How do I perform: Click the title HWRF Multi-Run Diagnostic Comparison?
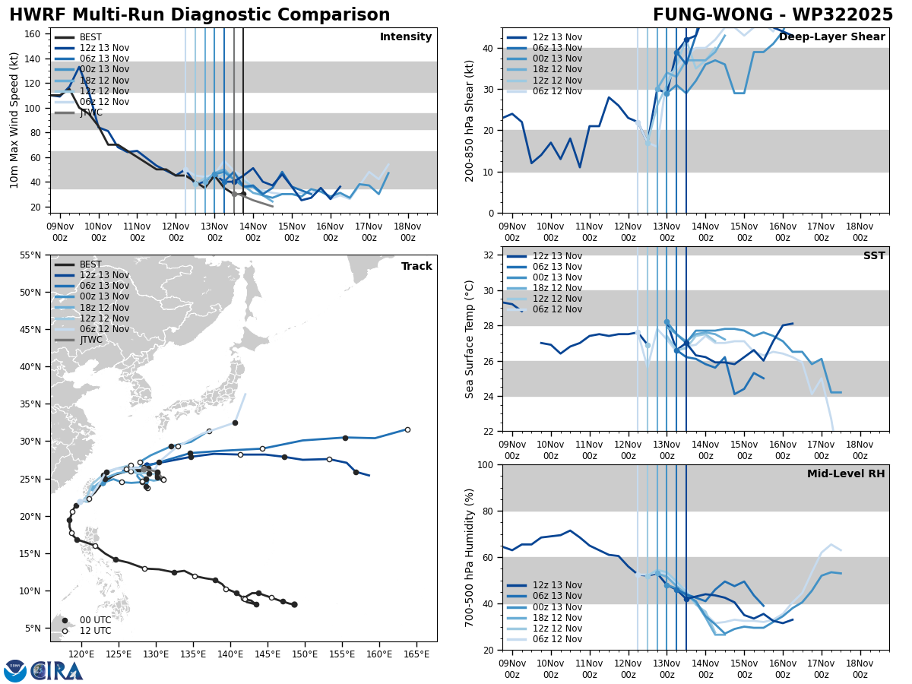coord(199,15)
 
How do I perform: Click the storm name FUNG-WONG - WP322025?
coord(773,15)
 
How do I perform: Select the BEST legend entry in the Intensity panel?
coord(90,37)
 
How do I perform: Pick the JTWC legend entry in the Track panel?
coord(90,340)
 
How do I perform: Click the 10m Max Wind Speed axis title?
coord(14,120)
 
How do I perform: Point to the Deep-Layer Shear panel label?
coord(831,37)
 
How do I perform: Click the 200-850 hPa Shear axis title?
coord(470,120)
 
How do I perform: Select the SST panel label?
coord(874,256)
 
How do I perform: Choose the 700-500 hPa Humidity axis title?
coord(470,557)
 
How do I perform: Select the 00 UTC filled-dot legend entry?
coord(90,620)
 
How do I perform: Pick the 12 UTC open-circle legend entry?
coord(90,631)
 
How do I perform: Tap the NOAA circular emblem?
coord(15,670)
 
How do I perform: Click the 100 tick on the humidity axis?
coord(485,465)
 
